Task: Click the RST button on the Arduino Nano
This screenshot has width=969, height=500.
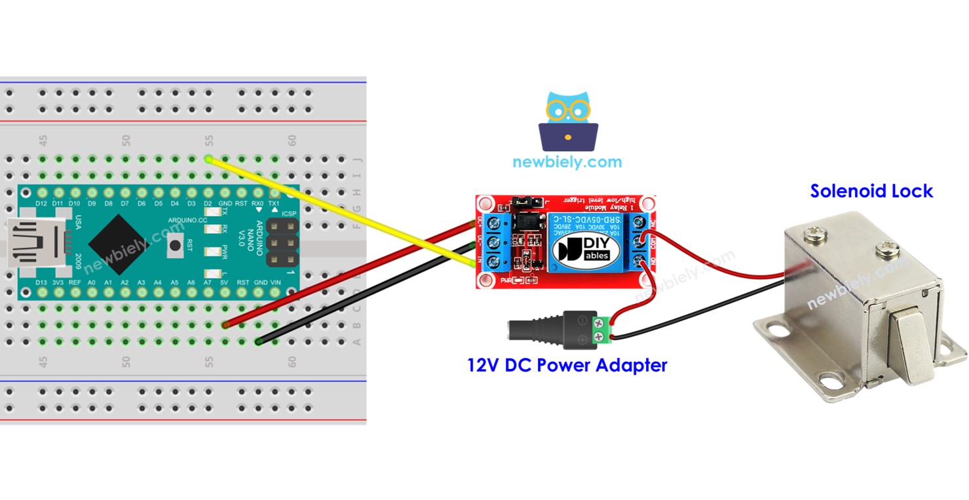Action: click(x=175, y=246)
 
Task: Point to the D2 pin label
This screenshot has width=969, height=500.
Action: click(x=208, y=203)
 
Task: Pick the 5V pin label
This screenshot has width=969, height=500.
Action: click(x=225, y=282)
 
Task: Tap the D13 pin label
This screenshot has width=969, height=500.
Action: click(x=41, y=282)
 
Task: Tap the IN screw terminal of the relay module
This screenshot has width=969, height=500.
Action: click(x=491, y=263)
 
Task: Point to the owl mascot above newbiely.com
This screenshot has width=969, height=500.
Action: click(x=567, y=121)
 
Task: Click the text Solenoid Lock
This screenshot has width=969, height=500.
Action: click(x=871, y=191)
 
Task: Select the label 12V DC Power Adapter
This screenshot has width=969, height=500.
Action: click(x=567, y=365)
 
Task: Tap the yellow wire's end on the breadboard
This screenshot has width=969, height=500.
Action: click(x=208, y=159)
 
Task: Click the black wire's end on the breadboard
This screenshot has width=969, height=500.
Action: click(x=259, y=341)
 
